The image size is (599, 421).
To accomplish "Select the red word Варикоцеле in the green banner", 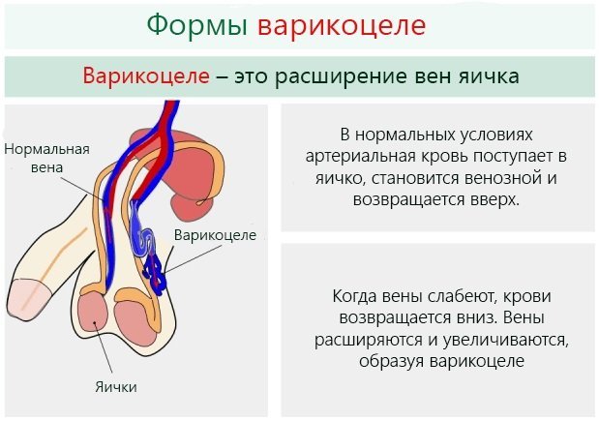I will pos(145,75).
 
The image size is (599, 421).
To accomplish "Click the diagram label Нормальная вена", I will pos(46,158).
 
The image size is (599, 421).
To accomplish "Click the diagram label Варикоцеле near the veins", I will pos(215,235).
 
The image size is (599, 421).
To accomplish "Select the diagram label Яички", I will pos(115,387).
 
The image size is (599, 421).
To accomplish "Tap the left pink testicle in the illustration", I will pos(95,315).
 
